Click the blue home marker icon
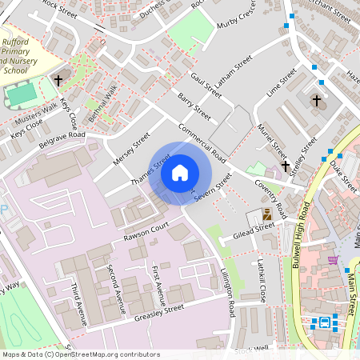[180, 172]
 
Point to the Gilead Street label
[254, 230]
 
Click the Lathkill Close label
[259, 282]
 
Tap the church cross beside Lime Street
[317, 102]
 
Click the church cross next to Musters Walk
[58, 81]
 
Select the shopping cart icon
[332, 259]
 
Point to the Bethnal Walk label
[103, 103]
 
